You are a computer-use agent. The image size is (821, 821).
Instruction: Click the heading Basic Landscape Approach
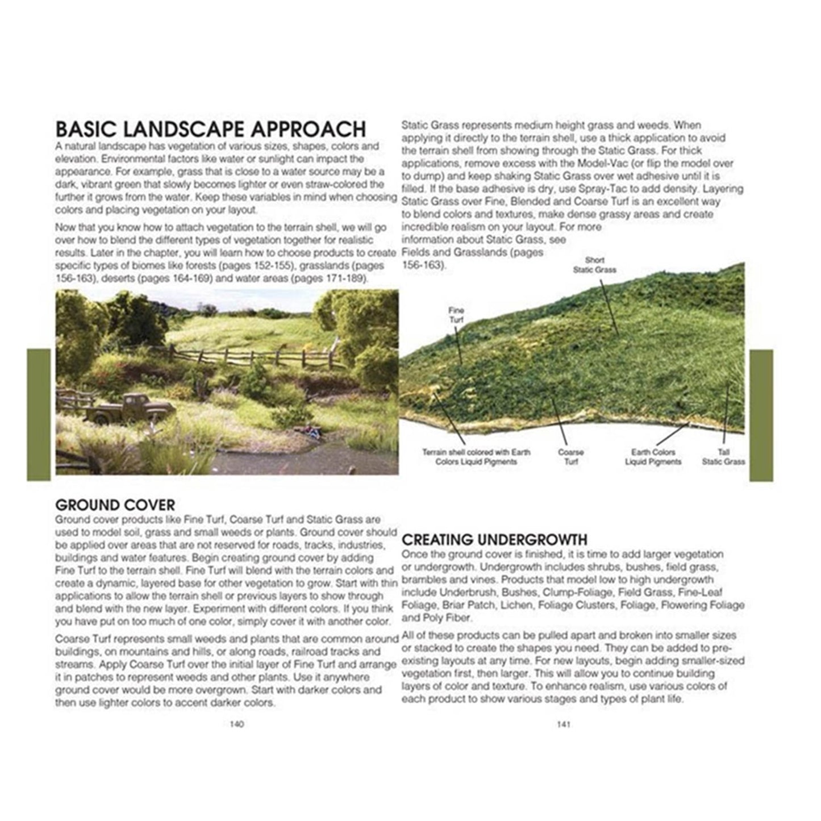click(211, 129)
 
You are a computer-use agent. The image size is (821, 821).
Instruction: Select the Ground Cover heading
click(115, 505)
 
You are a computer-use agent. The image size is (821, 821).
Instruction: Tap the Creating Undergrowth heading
click(494, 539)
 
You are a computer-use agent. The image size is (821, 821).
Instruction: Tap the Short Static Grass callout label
click(594, 265)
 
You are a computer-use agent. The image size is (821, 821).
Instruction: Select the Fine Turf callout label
click(456, 315)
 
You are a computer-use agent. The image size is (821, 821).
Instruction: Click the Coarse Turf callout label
click(571, 457)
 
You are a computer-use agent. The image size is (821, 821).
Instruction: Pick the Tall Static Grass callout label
click(723, 457)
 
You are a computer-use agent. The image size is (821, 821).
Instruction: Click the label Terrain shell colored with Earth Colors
click(476, 457)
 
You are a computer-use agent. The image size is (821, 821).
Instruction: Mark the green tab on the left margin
click(39, 415)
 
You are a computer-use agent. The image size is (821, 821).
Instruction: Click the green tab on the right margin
click(761, 415)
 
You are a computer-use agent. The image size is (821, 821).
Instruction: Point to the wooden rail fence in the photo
click(256, 358)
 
